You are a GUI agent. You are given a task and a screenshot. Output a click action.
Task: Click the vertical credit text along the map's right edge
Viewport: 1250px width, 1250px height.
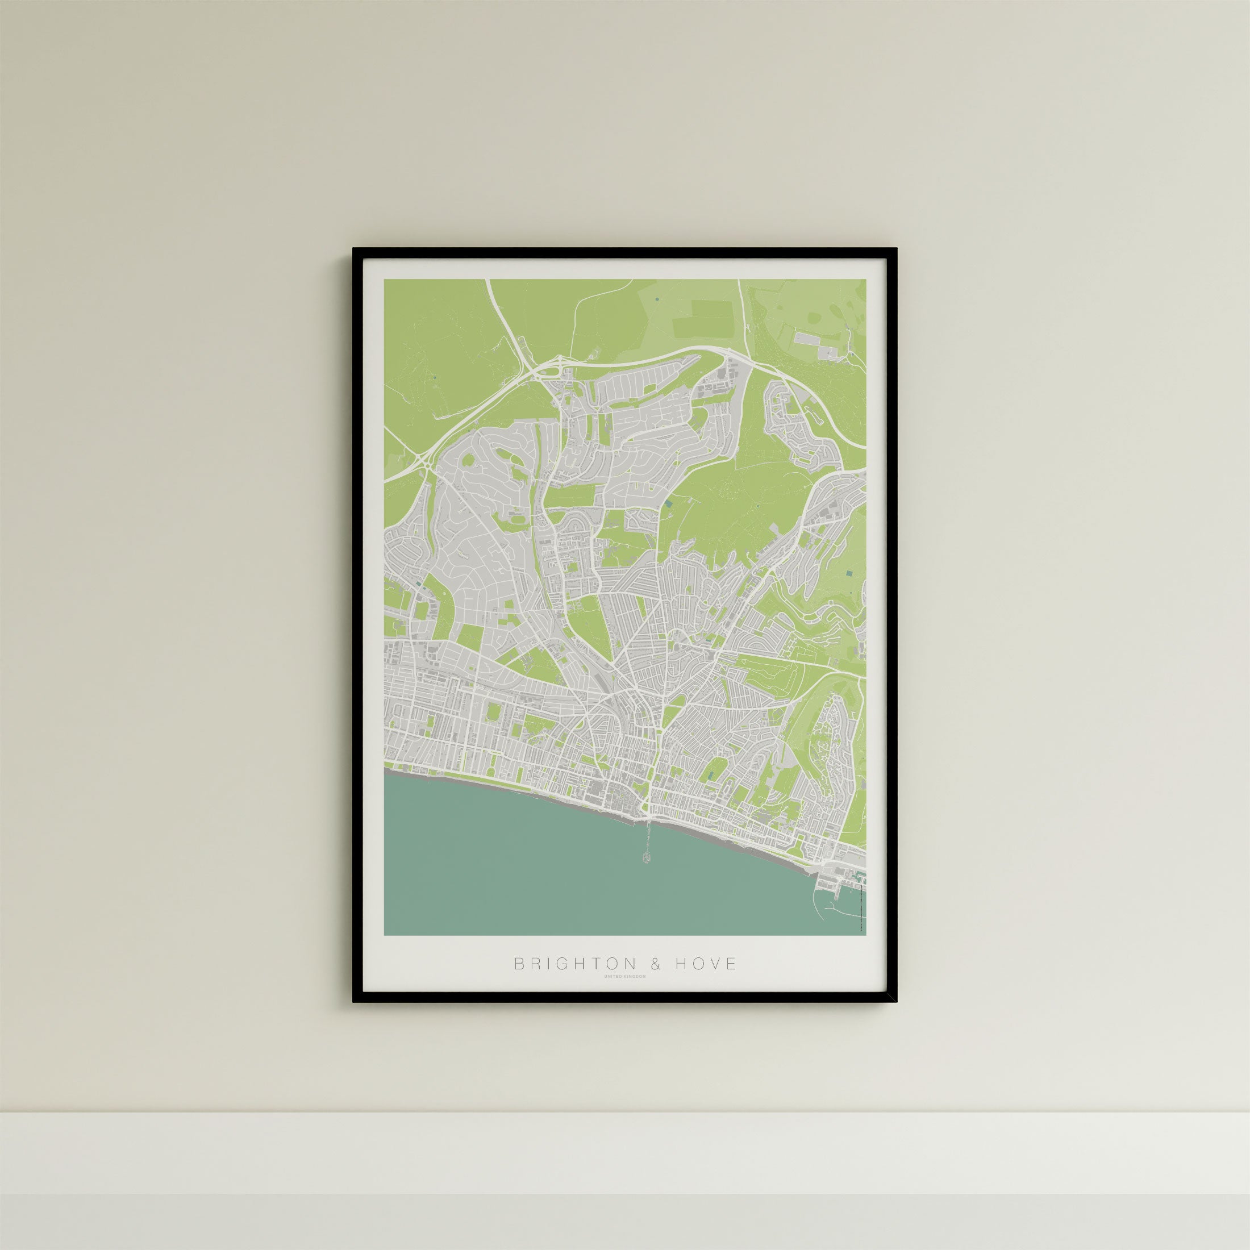[863, 906]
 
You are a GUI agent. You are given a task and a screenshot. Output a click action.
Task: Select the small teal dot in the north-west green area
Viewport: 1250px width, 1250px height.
[435, 377]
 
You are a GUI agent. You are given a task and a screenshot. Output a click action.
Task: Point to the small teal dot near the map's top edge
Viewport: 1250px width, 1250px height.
[657, 299]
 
